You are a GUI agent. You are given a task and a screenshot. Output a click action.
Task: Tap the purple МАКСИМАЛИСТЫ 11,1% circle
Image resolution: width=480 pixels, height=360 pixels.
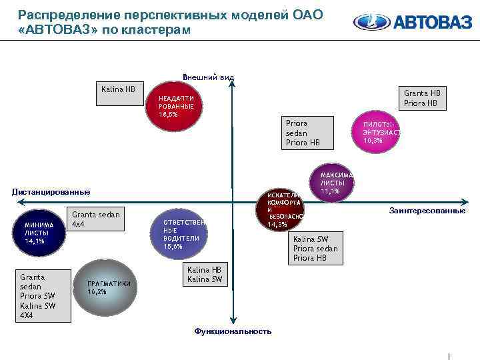coord(331,183)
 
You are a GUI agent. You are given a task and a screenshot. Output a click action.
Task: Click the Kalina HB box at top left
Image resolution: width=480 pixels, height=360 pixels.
coord(119,95)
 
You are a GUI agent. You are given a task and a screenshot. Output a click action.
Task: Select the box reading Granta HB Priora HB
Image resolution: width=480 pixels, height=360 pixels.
coord(422,98)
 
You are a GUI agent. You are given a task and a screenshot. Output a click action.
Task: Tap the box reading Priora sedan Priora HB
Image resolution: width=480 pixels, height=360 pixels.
coord(304,133)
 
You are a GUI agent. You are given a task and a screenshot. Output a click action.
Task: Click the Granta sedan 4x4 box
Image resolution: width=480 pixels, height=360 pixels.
coord(97,219)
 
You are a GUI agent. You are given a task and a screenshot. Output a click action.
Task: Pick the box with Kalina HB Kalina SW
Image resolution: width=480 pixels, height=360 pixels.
coord(205,275)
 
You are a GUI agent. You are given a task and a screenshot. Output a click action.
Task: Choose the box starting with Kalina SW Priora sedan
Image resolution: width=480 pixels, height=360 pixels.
coord(316,248)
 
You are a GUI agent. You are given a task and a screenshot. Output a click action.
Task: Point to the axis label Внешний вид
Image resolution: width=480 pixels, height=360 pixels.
coord(208,77)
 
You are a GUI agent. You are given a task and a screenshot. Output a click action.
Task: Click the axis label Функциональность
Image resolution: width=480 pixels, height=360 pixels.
coord(233,331)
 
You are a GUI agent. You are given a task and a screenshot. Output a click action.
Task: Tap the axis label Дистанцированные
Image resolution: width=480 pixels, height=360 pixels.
coord(51,192)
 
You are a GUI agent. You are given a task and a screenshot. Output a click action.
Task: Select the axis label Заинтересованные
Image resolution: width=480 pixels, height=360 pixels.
coord(427,211)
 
